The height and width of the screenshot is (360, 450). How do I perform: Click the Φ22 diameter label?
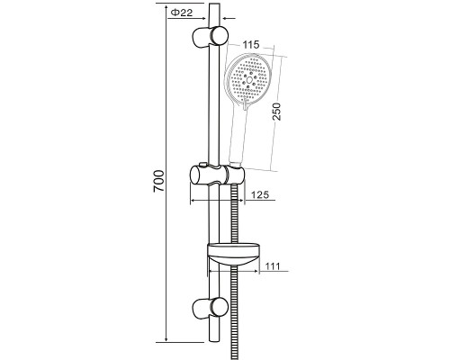coord(182,13)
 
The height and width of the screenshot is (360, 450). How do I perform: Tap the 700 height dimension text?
coord(158,181)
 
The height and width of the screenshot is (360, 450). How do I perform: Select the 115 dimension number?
coord(250,45)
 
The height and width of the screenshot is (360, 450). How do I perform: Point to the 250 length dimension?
coord(277,112)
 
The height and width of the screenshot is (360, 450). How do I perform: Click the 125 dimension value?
coord(260,194)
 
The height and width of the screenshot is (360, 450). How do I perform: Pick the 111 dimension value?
coord(273,266)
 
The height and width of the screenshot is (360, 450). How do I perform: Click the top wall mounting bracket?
coord(210,36)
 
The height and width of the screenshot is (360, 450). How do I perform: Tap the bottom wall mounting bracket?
coord(210,308)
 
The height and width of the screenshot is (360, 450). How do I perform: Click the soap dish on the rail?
coord(233,255)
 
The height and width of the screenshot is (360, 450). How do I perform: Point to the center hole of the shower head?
coord(249,80)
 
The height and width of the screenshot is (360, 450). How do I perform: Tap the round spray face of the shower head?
coord(247,80)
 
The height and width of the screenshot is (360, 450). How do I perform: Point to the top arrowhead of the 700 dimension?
coord(166,6)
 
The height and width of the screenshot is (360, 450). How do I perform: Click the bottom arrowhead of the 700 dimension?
coord(166,338)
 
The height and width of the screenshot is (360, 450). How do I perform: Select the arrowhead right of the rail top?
coord(223,19)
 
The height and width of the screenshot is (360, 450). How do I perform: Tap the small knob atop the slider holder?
coord(202,164)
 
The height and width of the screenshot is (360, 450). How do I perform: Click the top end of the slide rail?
coord(214,4)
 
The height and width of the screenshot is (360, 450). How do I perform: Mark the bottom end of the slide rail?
coord(214,341)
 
